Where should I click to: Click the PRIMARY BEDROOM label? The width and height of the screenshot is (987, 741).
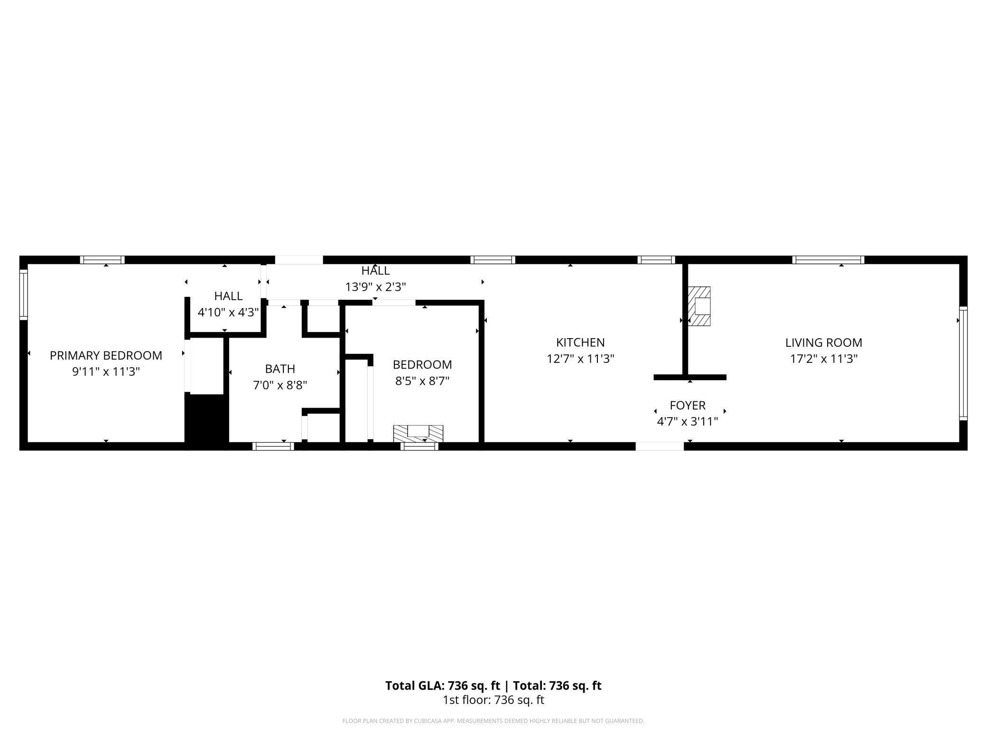pyautogui.click(x=106, y=355)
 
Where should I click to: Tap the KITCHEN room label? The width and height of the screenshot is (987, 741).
pyautogui.click(x=580, y=342)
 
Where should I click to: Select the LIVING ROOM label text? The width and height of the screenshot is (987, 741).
pyautogui.click(x=824, y=342)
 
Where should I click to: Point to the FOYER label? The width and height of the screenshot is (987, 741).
pyautogui.click(x=688, y=405)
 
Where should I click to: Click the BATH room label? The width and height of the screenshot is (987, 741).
pyautogui.click(x=280, y=369)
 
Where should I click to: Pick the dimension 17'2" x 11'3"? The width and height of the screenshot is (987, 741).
pyautogui.click(x=824, y=359)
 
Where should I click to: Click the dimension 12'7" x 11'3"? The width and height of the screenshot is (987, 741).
pyautogui.click(x=580, y=359)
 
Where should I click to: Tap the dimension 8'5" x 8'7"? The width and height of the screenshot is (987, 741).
pyautogui.click(x=422, y=381)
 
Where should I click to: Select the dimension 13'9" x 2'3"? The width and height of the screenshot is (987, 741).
pyautogui.click(x=375, y=287)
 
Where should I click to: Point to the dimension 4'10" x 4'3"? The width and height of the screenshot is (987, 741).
pyautogui.click(x=228, y=312)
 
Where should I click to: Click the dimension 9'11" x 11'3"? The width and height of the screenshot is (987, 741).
pyautogui.click(x=106, y=371)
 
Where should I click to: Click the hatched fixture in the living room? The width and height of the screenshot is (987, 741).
pyautogui.click(x=699, y=306)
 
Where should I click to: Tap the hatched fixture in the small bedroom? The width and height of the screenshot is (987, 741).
pyautogui.click(x=418, y=433)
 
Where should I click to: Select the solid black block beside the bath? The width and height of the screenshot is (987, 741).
pyautogui.click(x=206, y=422)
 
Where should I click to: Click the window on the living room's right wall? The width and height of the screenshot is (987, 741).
pyautogui.click(x=963, y=363)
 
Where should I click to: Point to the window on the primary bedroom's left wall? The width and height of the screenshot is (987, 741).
pyautogui.click(x=23, y=294)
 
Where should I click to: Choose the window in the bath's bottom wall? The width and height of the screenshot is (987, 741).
pyautogui.click(x=273, y=446)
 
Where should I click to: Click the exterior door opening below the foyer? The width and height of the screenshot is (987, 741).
pyautogui.click(x=660, y=446)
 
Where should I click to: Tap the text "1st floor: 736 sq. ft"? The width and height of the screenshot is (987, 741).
pyautogui.click(x=493, y=700)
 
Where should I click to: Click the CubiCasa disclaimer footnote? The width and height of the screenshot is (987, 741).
pyautogui.click(x=493, y=721)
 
